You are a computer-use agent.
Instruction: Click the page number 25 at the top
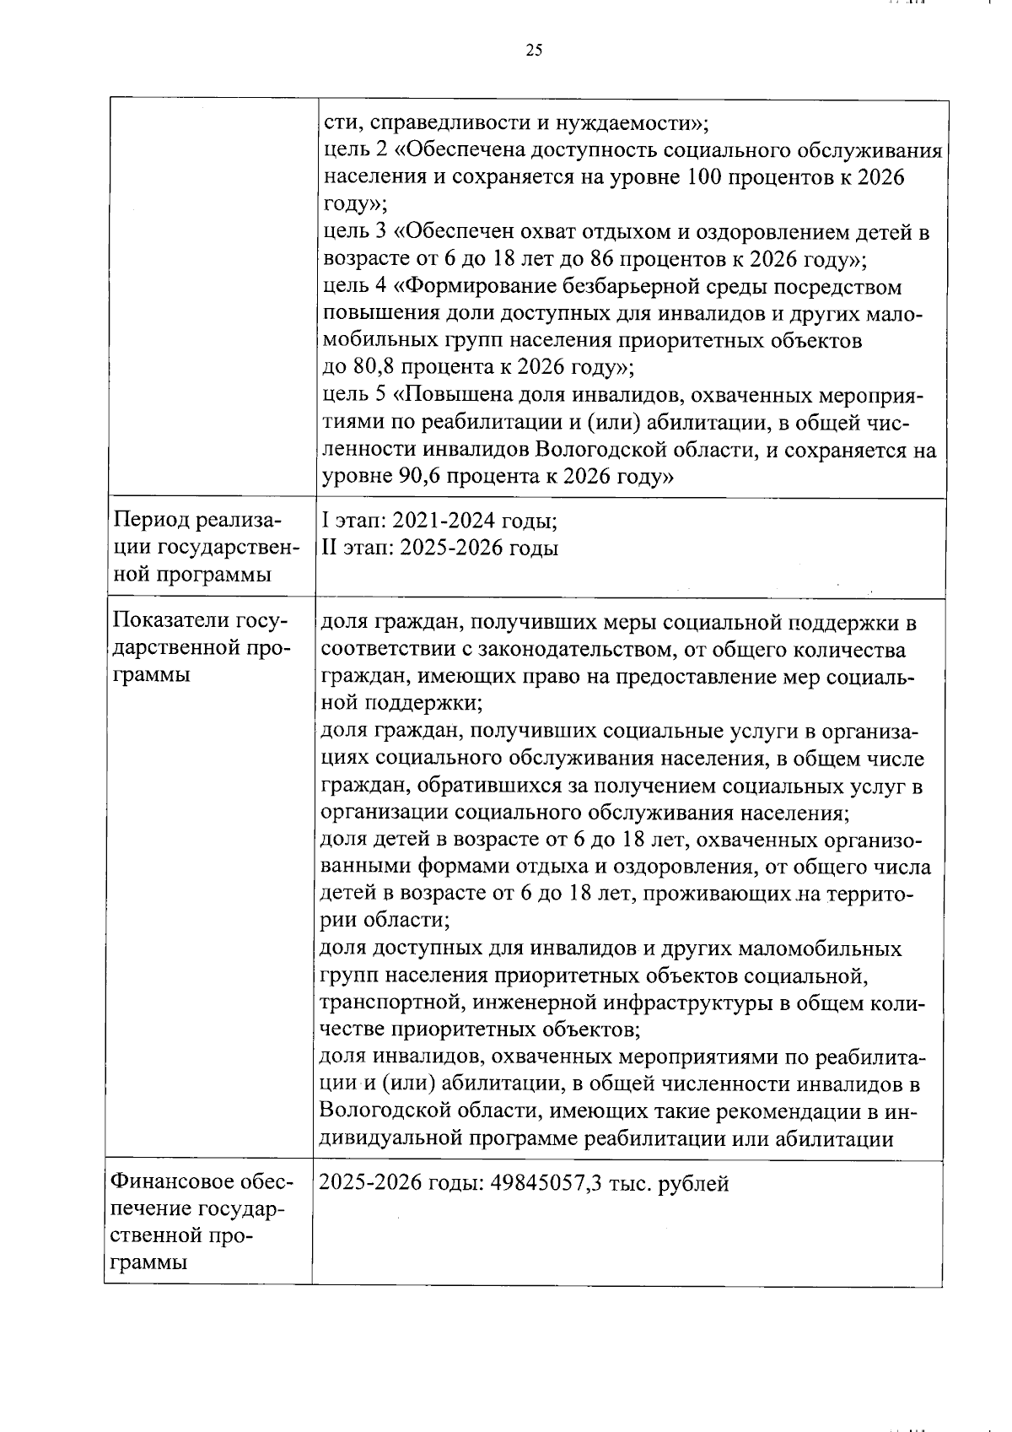pos(534,51)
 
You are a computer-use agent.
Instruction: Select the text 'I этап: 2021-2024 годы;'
pos(439,521)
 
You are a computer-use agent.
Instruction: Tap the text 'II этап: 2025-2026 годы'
pos(440,548)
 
